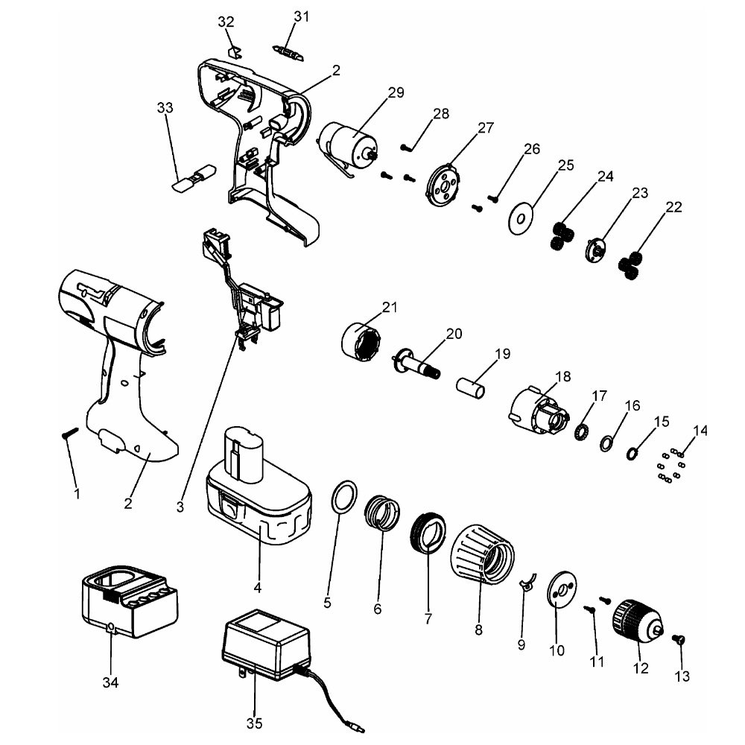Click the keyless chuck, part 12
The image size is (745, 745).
click(636, 620)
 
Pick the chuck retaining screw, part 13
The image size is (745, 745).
click(679, 638)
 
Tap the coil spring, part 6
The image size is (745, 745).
click(384, 513)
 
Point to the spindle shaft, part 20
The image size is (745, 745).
click(416, 362)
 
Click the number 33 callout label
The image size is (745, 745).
click(165, 109)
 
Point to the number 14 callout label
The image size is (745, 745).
click(700, 431)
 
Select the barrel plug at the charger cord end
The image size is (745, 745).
click(357, 723)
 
